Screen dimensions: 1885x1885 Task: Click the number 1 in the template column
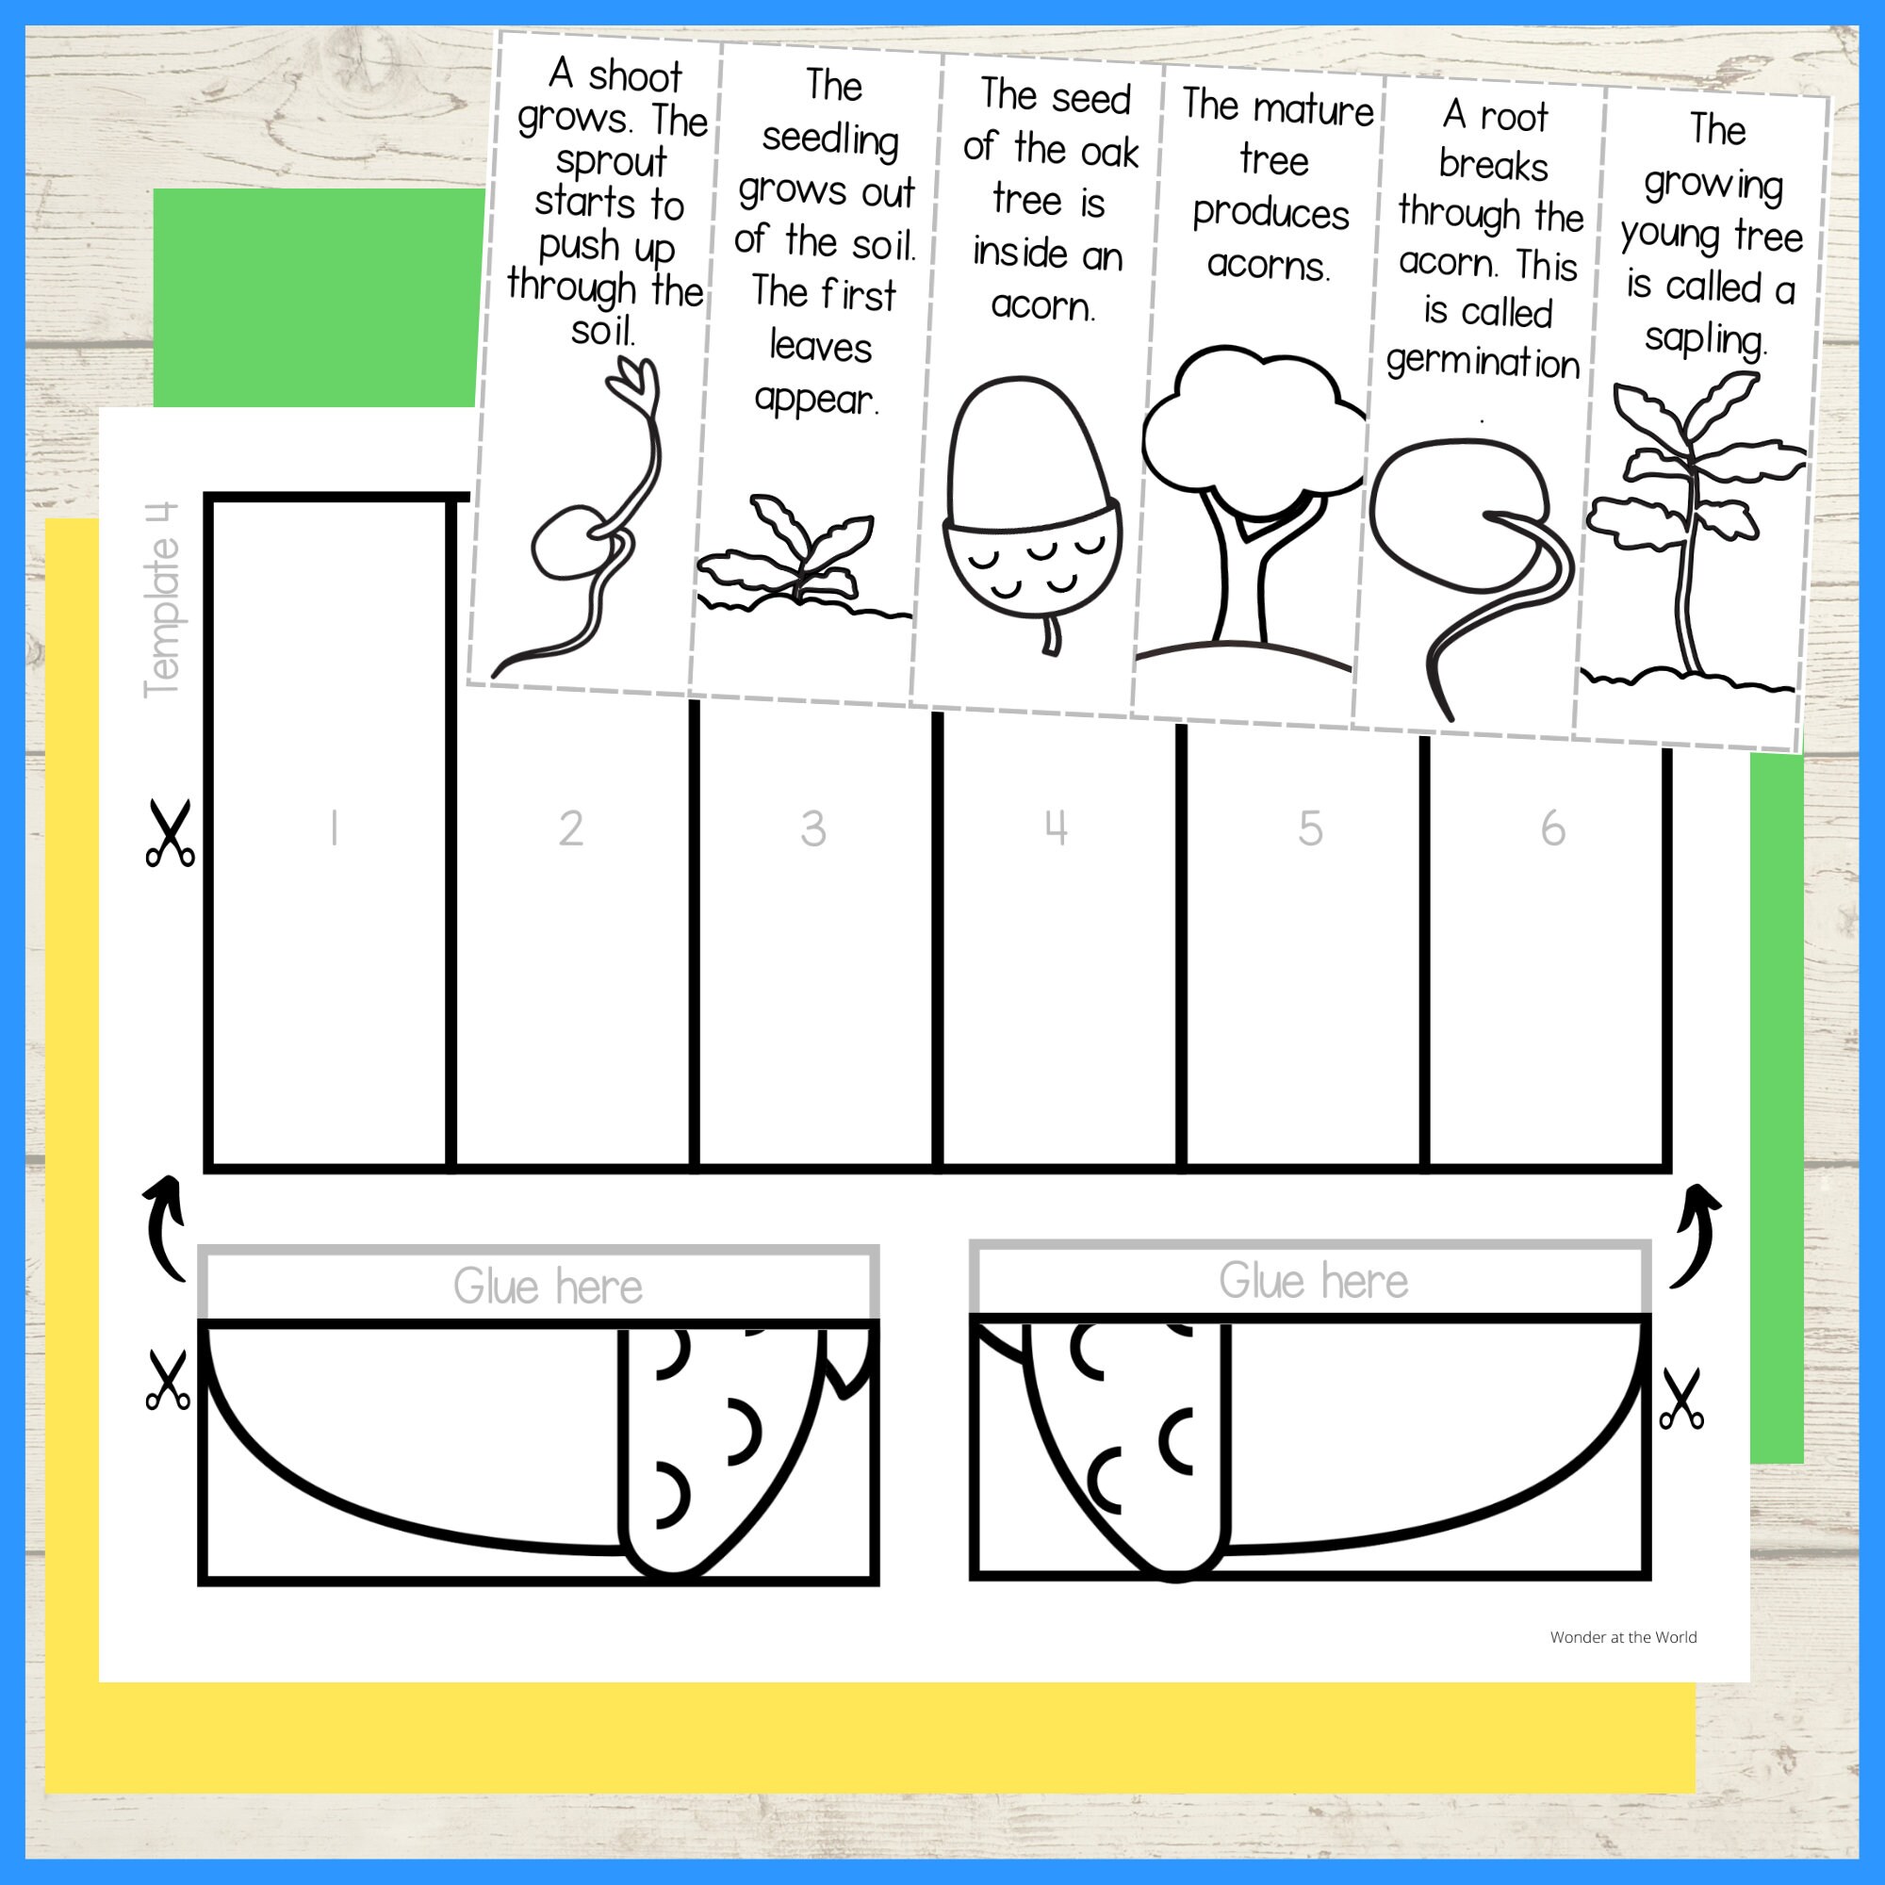(x=334, y=829)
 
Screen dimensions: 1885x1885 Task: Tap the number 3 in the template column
(x=812, y=829)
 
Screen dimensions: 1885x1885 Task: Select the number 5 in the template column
(x=1309, y=829)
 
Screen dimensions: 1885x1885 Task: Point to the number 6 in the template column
(x=1552, y=829)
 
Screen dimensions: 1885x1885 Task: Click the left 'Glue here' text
(x=548, y=1287)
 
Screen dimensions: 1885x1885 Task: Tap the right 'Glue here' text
(x=1313, y=1281)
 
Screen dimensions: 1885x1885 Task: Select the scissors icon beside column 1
(x=170, y=833)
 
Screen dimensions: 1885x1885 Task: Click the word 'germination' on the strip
(x=1483, y=363)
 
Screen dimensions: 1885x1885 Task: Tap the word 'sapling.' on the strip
(x=1706, y=339)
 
